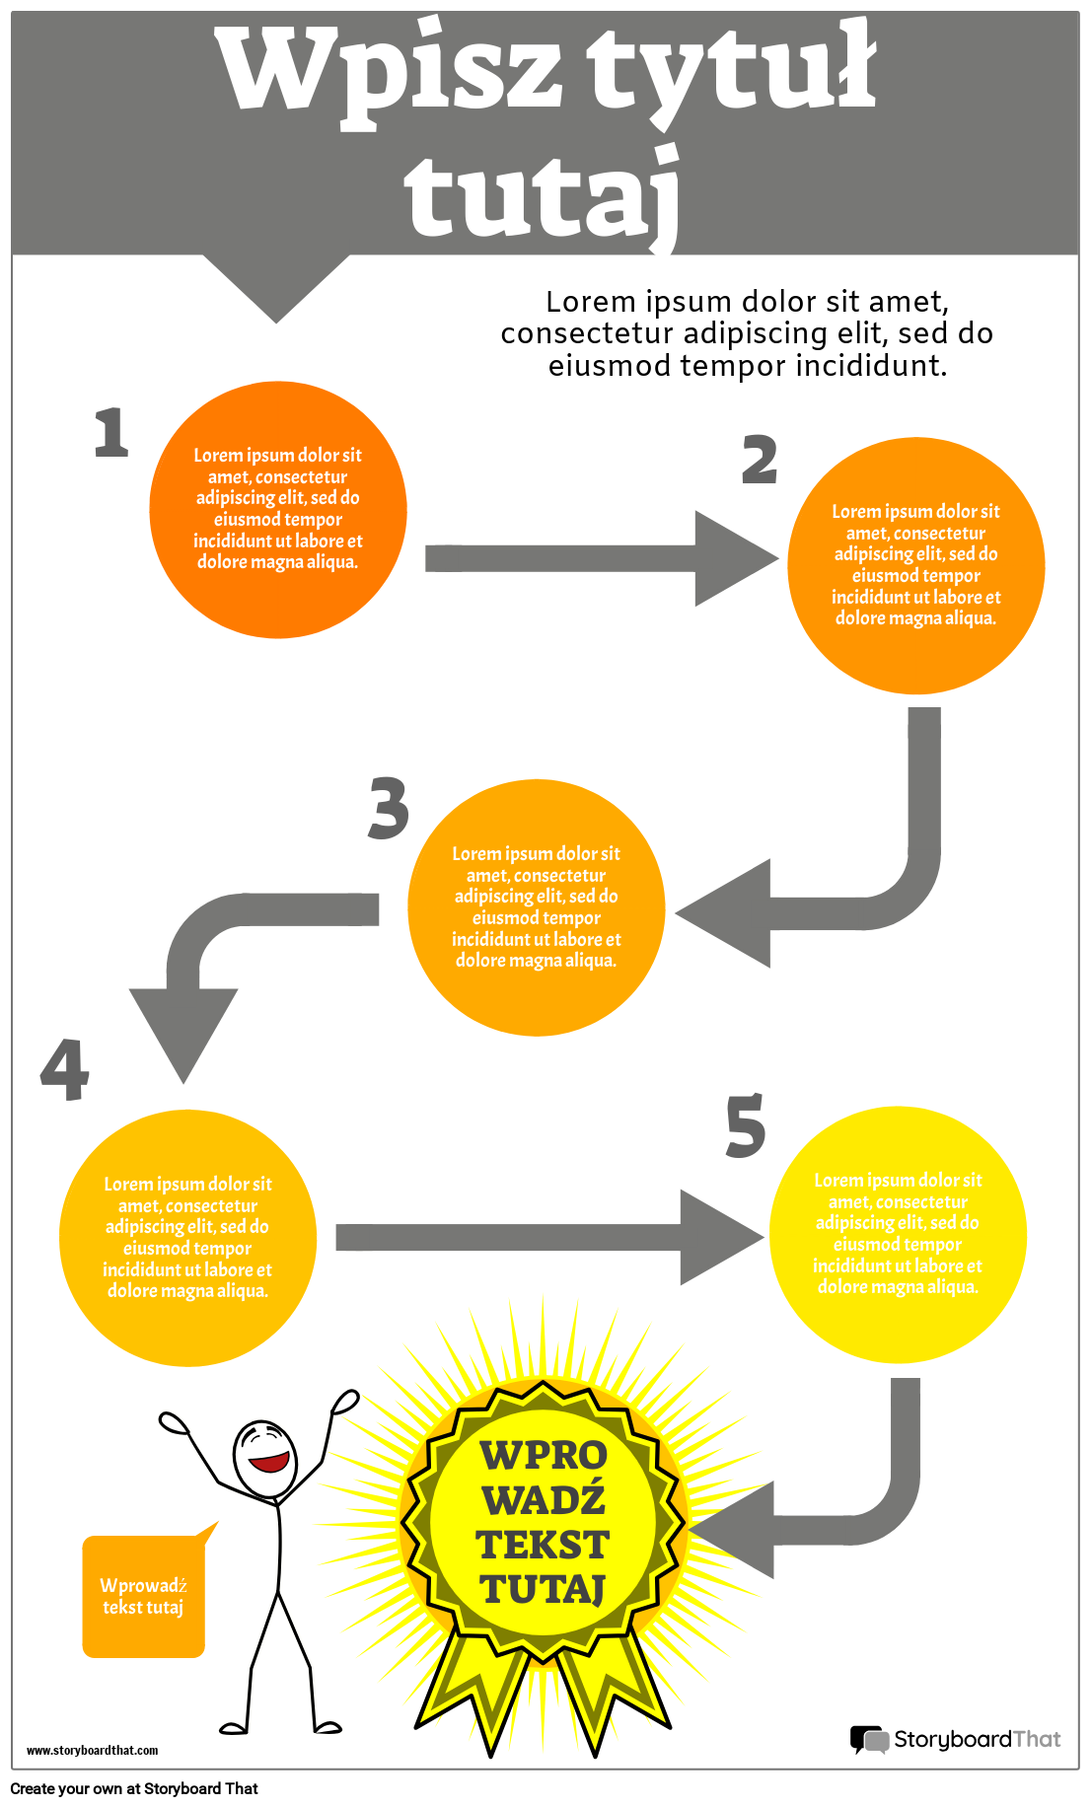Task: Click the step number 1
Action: pyautogui.click(x=111, y=433)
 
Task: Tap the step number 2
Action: pyautogui.click(x=760, y=460)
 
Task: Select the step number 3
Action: pyautogui.click(x=389, y=809)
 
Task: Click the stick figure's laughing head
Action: pyautogui.click(x=263, y=1458)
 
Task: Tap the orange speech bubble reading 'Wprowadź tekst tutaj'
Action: pyautogui.click(x=144, y=1596)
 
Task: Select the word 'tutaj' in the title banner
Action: pyautogui.click(x=543, y=197)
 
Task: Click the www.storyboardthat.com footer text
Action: pyautogui.click(x=92, y=1751)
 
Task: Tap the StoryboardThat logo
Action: pyautogui.click(x=955, y=1739)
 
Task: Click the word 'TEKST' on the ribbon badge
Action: pyautogui.click(x=543, y=1545)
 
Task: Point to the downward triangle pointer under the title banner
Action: pyautogui.click(x=276, y=286)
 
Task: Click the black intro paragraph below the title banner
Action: pyautogui.click(x=747, y=333)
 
